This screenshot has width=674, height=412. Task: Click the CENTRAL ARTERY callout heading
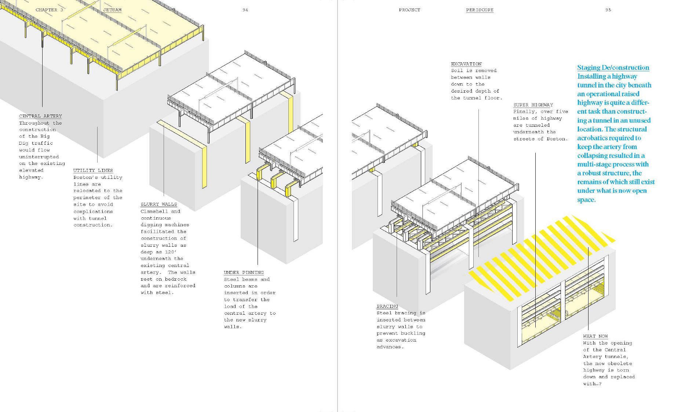[x=40, y=116]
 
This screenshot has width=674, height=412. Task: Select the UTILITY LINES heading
[x=93, y=170]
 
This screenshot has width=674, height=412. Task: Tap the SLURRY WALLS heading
[x=159, y=204]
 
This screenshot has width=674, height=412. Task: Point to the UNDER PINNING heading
[x=244, y=272]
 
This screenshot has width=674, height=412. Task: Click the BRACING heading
[x=387, y=306]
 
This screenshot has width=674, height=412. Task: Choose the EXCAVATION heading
[x=466, y=64]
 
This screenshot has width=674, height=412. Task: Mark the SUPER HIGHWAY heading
[x=533, y=105]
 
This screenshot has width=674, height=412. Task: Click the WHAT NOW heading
[x=595, y=336]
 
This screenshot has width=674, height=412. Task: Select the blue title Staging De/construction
[x=613, y=68]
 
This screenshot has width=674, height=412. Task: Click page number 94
[x=245, y=10]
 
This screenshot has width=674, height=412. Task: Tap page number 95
[x=608, y=10]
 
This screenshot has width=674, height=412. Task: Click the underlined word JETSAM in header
[x=112, y=10]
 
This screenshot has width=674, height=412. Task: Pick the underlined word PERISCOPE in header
[x=480, y=10]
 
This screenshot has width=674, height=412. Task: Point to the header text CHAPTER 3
[x=49, y=10]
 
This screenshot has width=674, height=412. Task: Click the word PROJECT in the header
[x=409, y=10]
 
